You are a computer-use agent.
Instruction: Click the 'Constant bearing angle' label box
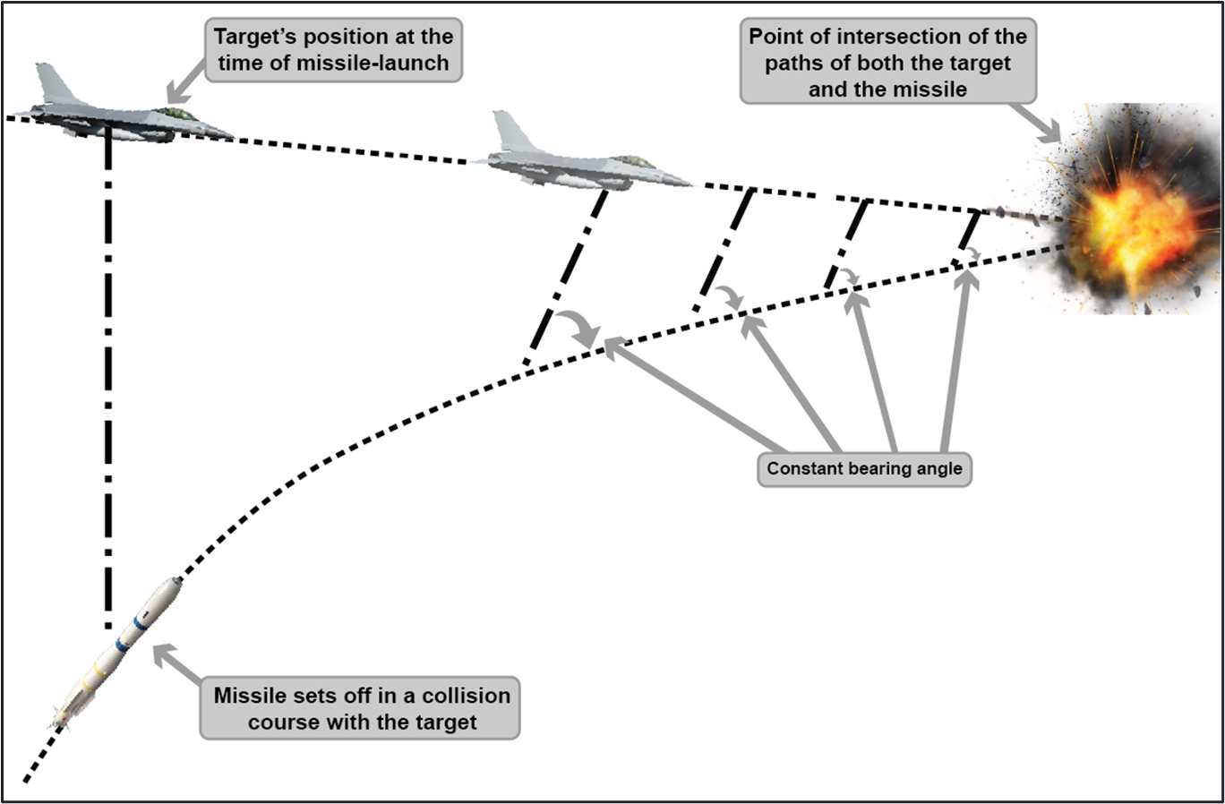[x=864, y=469]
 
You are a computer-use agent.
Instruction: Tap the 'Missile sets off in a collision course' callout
[x=360, y=708]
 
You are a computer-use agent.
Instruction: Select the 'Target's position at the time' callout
[x=333, y=50]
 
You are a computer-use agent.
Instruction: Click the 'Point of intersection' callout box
[x=887, y=63]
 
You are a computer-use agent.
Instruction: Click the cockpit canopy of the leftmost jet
[x=178, y=114]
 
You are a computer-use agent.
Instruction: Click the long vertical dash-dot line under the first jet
[x=108, y=376]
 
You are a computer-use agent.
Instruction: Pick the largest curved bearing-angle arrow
[x=578, y=329]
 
